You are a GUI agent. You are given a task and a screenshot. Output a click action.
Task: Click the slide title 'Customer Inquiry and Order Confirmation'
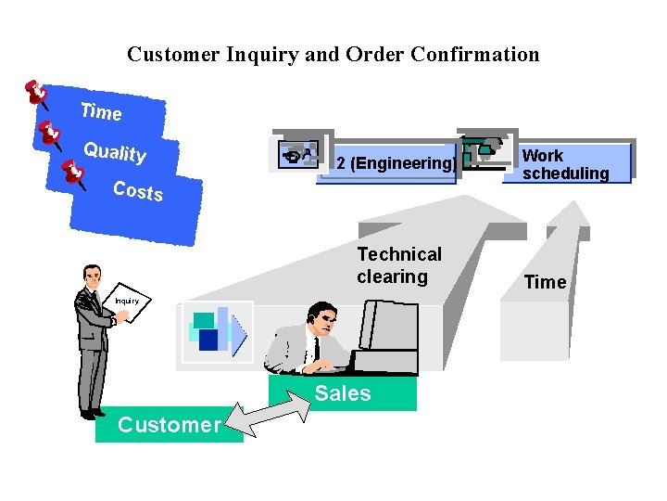tap(333, 55)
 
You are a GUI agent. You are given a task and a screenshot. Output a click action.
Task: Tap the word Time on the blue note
tap(101, 111)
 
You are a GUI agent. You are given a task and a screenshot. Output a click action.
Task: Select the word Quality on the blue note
tap(115, 151)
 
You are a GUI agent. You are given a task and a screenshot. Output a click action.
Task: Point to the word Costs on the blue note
tap(137, 190)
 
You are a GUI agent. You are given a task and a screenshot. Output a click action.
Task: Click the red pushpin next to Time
tap(36, 93)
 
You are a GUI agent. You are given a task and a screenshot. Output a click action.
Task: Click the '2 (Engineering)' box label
tap(395, 163)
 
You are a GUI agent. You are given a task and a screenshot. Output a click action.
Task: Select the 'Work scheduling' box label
tap(565, 164)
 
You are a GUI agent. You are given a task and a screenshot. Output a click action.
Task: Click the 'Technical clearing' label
tap(399, 265)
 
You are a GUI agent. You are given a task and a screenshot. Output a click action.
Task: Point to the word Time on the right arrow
tap(545, 282)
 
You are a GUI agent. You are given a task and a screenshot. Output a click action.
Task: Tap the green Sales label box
tap(343, 393)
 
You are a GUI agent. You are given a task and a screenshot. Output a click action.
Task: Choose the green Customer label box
tap(170, 425)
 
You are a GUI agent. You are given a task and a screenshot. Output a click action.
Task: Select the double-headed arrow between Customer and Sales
tap(268, 414)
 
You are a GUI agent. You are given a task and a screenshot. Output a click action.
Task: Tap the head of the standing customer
tap(91, 276)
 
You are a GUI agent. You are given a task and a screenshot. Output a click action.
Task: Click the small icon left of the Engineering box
tap(296, 155)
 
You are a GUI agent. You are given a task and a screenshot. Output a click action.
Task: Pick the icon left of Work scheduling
tap(485, 150)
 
